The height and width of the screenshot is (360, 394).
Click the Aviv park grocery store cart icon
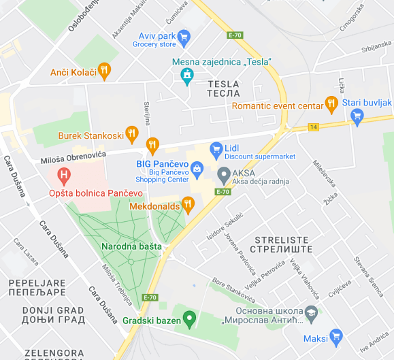point(184,36)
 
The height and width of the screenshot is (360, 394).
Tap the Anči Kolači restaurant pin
point(103,69)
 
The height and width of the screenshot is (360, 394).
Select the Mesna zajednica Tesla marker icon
point(186,77)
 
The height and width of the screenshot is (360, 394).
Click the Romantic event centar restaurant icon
point(331,104)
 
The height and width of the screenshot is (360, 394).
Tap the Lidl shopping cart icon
point(216,148)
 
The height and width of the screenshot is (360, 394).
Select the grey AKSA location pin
point(222,176)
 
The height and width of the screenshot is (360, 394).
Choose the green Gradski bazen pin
point(190,317)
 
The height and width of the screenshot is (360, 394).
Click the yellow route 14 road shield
point(313,127)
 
